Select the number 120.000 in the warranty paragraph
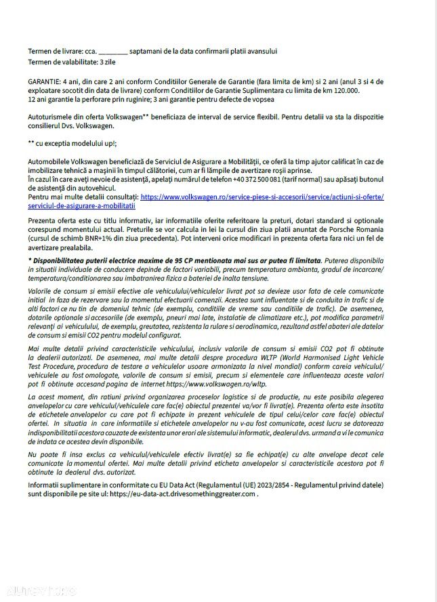click(346, 90)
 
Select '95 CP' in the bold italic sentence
click(175, 261)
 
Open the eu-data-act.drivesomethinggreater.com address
click(182, 494)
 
